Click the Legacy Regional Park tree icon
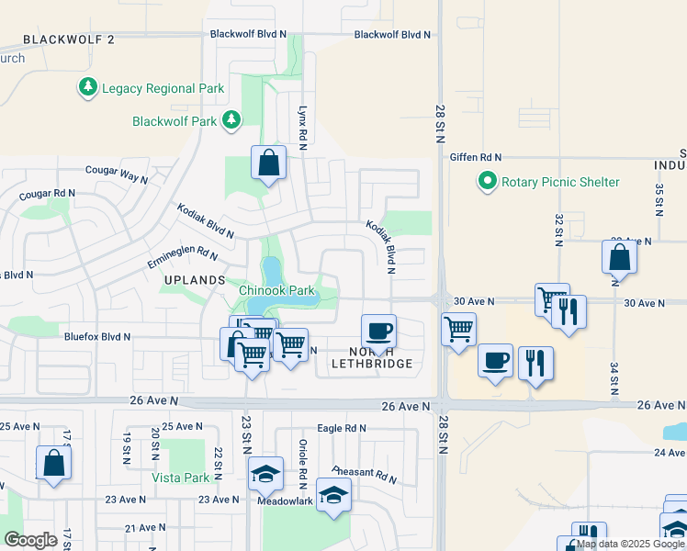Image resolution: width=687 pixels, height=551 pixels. point(88,88)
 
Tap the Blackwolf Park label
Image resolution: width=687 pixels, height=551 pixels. point(174,121)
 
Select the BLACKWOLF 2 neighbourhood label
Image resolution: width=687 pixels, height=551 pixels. point(69,39)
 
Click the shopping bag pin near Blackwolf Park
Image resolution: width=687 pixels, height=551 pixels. point(267,164)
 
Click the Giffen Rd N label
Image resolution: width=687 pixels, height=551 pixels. point(476,157)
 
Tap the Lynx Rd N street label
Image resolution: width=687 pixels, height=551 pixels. point(301,123)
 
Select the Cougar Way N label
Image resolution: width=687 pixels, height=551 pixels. point(116,172)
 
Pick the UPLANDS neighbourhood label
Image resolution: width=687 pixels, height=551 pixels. point(195,279)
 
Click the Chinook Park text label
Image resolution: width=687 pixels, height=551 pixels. point(276,291)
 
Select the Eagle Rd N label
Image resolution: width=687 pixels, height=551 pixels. point(341,428)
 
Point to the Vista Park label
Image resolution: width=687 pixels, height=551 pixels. point(181,478)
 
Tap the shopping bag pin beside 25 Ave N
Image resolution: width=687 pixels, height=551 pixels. point(53,464)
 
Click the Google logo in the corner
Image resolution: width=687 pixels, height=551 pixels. point(30,540)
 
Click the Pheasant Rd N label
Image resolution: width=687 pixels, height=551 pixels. point(362,474)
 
